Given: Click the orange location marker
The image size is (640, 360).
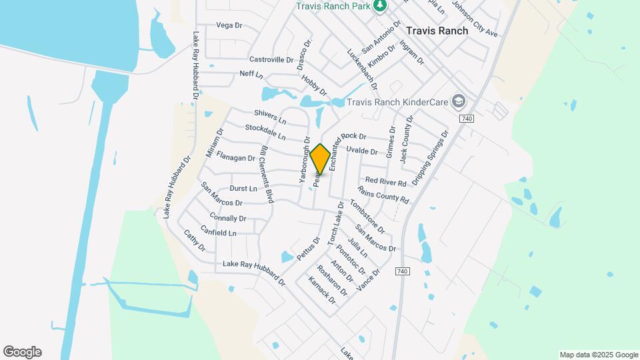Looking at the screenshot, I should pos(320,159).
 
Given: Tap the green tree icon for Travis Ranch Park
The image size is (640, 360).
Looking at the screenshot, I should pos(380,6).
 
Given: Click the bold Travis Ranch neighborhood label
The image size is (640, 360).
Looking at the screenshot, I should pos(437,31).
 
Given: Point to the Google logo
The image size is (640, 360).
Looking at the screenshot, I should pos(22,352).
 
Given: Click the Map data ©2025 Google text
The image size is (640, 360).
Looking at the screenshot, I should pos(599,355).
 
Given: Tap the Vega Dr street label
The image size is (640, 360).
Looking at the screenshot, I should pos(228,25).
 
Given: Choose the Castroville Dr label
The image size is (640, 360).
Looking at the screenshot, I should pos(271,59).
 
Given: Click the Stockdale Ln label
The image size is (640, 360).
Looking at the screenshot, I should pos(265,132).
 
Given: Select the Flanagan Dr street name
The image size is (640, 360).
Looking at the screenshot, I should pos(235,159).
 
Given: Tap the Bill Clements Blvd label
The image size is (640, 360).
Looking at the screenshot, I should pos(267,174).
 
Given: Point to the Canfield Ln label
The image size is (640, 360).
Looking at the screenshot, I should pos(223,233).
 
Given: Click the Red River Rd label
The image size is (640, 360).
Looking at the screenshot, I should pos(385,182).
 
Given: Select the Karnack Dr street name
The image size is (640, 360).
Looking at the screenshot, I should pos(323,291).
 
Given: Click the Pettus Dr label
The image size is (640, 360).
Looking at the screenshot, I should pos(308,248).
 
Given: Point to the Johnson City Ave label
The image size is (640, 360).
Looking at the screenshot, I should pos(475,18).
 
